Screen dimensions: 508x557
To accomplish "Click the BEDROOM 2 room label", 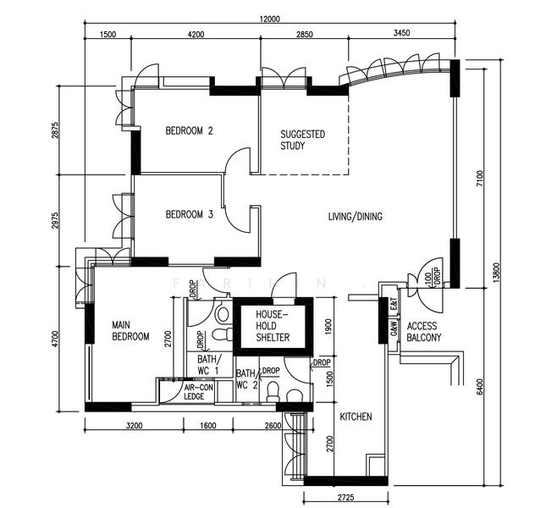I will point(188,130).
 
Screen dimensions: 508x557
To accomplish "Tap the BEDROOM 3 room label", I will point(188,213).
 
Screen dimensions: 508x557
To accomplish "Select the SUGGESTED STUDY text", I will point(302,140).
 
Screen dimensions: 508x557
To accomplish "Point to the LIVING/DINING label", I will point(355,217).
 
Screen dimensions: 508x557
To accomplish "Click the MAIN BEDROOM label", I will point(130,330).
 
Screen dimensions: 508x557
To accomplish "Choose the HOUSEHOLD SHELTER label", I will point(273,326).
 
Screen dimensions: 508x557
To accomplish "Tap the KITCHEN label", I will point(356,417).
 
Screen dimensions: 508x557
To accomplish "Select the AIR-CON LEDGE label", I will point(200,391).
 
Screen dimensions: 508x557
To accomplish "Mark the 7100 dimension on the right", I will point(479,178).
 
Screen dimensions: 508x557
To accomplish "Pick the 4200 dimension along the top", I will point(196,34).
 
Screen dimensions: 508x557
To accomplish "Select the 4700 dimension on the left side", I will point(56,337).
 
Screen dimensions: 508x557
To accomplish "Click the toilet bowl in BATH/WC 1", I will point(222,315).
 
